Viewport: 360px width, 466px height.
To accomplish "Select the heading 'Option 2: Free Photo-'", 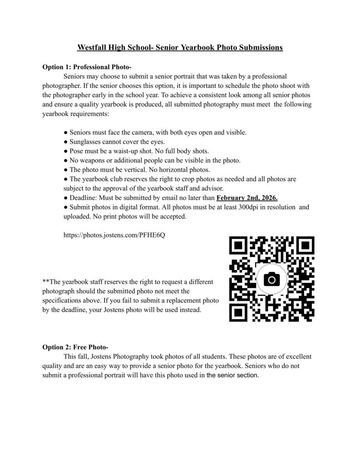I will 75,347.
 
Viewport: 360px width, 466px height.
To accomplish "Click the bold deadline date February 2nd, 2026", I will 247,198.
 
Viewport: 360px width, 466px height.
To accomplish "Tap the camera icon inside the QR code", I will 272,279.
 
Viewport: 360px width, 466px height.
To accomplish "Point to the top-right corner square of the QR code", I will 305,246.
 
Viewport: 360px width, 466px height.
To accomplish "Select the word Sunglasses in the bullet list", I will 85,142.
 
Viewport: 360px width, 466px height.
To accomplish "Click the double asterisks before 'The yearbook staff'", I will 46,282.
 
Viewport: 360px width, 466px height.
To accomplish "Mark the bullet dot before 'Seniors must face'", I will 66,132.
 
